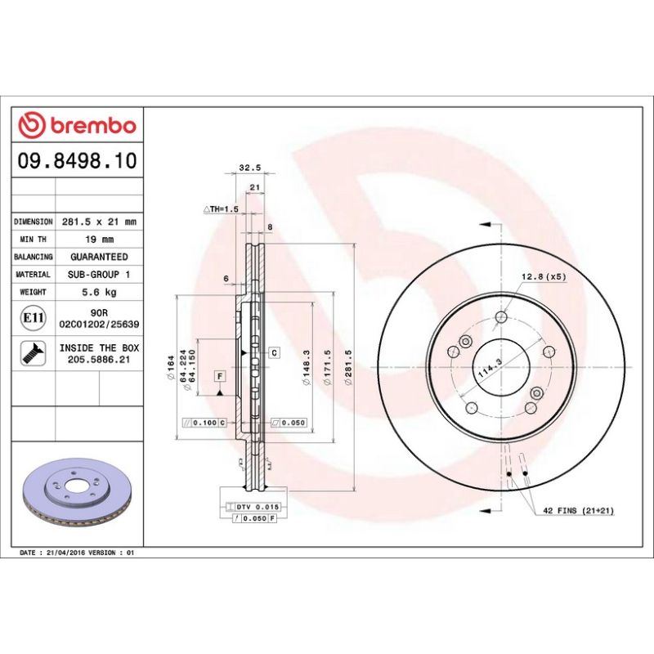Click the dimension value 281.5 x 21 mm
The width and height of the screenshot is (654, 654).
coord(99,222)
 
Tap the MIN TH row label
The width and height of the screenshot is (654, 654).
coord(34,240)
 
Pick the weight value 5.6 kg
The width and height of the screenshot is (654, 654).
coord(99,292)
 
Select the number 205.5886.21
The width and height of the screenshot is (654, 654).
coord(99,360)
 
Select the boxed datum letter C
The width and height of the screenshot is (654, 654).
coord(275,352)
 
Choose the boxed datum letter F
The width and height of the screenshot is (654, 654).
coord(219,376)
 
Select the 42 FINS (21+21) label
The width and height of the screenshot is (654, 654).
coord(578,510)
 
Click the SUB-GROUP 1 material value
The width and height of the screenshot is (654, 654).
coord(99,275)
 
